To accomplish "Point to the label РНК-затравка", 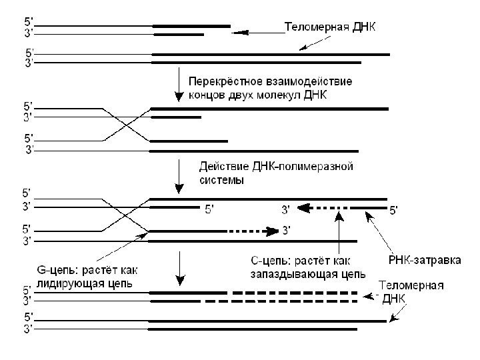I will [425, 259].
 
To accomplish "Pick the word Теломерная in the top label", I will [313, 28].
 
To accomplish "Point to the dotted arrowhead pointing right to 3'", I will [273, 231].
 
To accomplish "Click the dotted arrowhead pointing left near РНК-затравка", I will [303, 208].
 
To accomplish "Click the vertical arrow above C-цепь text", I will [340, 230].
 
